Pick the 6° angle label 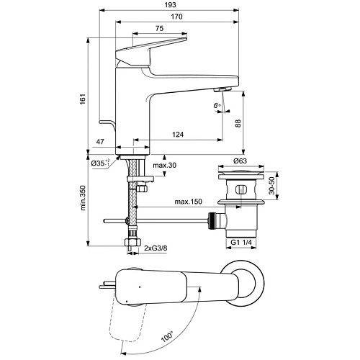(216, 105)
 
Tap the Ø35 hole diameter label (101, 164)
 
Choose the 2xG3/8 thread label (156, 248)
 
